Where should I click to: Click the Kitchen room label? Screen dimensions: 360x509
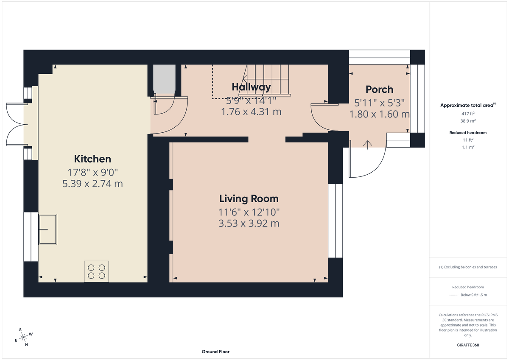pyautogui.click(x=92, y=159)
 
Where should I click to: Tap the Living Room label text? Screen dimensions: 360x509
pyautogui.click(x=249, y=198)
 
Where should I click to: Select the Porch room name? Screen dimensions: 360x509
pyautogui.click(x=379, y=89)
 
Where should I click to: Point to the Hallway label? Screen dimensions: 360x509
pyautogui.click(x=251, y=87)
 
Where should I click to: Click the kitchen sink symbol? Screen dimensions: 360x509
pyautogui.click(x=48, y=229)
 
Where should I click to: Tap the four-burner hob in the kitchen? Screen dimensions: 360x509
pyautogui.click(x=96, y=271)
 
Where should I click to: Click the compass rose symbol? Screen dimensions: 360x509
pyautogui.click(x=24, y=337)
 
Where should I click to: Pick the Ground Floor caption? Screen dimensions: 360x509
pyautogui.click(x=215, y=352)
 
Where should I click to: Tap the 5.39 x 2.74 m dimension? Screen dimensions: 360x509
pyautogui.click(x=92, y=184)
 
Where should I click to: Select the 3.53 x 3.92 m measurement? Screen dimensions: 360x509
pyautogui.click(x=249, y=223)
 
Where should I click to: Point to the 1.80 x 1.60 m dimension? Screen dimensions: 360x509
pyautogui.click(x=379, y=114)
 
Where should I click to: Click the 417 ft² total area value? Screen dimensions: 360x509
pyautogui.click(x=468, y=114)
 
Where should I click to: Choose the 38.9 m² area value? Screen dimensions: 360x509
pyautogui.click(x=468, y=121)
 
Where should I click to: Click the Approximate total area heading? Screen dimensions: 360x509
pyautogui.click(x=468, y=105)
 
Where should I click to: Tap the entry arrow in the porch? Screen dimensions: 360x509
pyautogui.click(x=367, y=144)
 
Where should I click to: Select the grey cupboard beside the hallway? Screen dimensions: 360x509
pyautogui.click(x=164, y=79)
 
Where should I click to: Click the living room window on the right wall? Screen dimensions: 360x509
pyautogui.click(x=335, y=220)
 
